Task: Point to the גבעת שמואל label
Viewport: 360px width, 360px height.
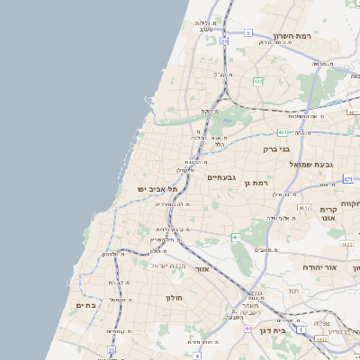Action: coord(311,165)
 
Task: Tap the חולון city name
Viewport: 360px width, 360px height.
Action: coord(175,297)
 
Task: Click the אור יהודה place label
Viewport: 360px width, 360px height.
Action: coord(317,267)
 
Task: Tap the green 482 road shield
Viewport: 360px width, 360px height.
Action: coord(258,81)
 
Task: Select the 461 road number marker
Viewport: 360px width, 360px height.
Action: coord(236,238)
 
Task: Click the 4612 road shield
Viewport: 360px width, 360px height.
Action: coord(305,208)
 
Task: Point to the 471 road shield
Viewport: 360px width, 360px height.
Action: coord(348,179)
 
